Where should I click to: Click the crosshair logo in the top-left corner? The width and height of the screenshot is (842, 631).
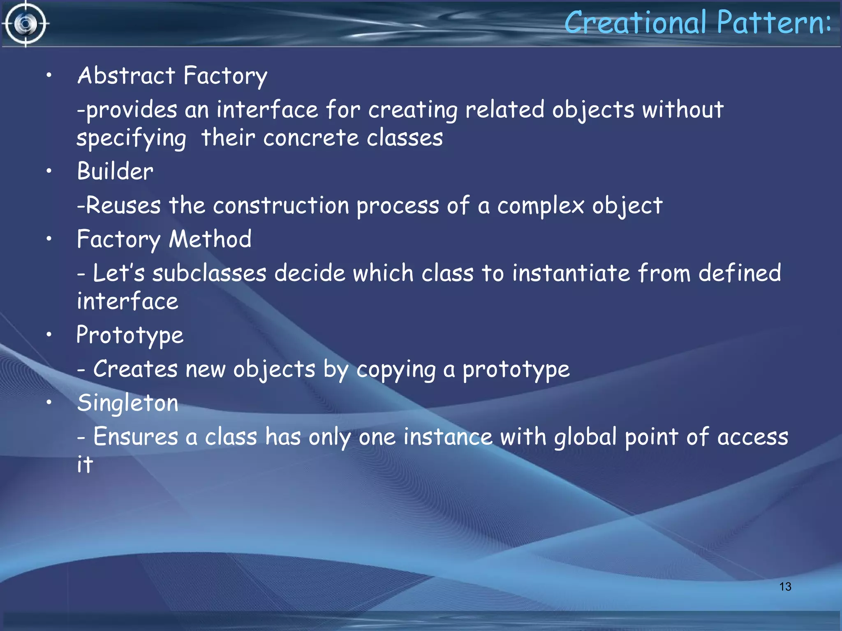click(25, 24)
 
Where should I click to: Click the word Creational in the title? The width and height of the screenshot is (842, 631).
click(636, 22)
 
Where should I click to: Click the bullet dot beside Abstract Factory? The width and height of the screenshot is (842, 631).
click(49, 75)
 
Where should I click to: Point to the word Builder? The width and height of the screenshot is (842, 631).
click(115, 171)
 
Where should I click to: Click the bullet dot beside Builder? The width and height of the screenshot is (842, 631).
click(49, 171)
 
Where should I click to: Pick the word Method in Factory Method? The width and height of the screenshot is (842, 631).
click(210, 239)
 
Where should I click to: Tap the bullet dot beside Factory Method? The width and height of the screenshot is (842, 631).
click(49, 239)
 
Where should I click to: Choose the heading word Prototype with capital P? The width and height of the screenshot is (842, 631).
click(130, 335)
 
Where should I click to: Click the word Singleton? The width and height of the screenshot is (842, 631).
click(127, 403)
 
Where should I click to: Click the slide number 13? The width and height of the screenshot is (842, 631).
click(785, 587)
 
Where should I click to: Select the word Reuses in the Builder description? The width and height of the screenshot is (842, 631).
click(123, 205)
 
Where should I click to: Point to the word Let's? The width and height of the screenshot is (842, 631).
click(119, 273)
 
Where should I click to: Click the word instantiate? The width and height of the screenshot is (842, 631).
click(571, 273)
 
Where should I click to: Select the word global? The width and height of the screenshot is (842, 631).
click(585, 436)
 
